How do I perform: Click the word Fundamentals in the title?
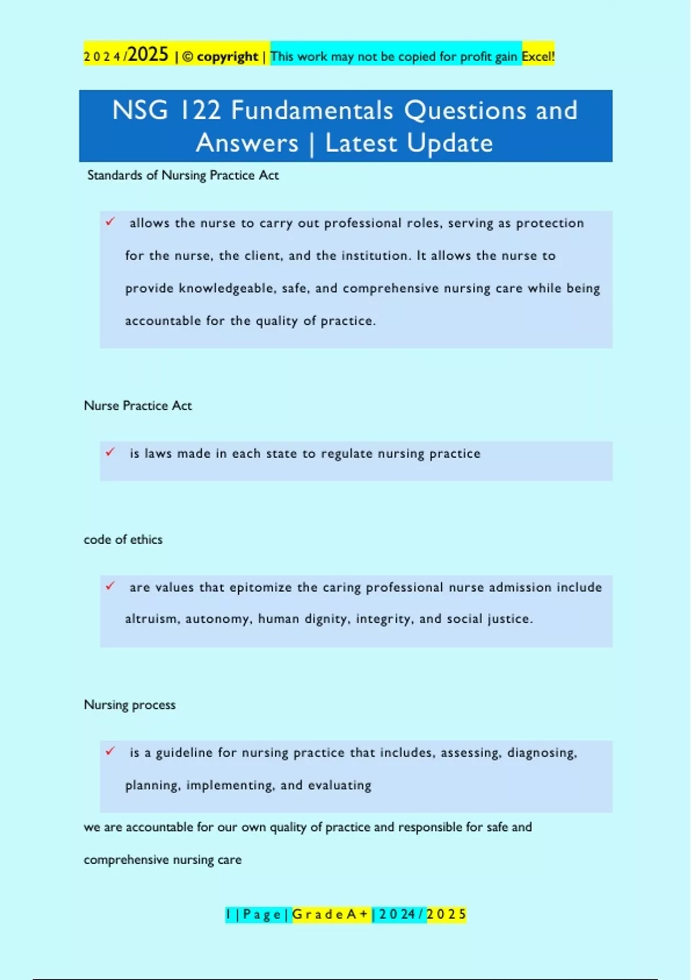coord(312,110)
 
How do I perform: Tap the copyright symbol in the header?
coord(188,56)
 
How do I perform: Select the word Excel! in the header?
coord(538,56)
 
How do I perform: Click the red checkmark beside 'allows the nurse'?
coord(111,221)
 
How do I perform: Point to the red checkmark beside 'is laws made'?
coord(111,452)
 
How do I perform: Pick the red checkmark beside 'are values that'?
coord(111,586)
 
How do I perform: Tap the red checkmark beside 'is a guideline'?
coord(111,751)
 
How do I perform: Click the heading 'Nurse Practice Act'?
coord(138,406)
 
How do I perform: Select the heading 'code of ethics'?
coord(123,540)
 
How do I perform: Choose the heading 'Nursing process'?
coord(130,705)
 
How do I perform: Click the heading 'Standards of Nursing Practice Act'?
coord(183,175)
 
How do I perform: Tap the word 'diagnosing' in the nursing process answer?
coord(541,753)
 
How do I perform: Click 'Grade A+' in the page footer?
coord(330,914)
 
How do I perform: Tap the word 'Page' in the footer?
coord(262,914)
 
